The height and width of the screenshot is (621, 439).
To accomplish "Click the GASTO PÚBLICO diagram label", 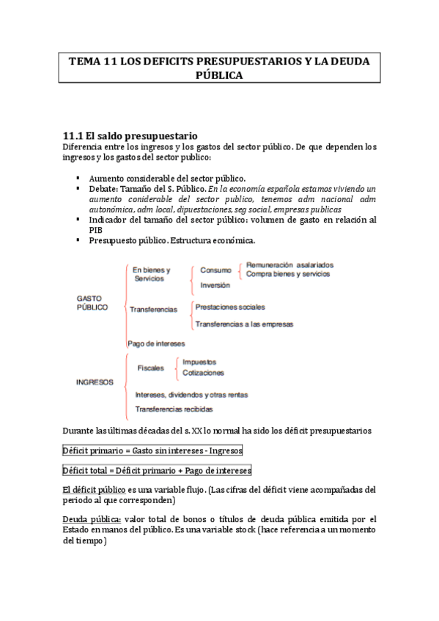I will (x=92, y=303).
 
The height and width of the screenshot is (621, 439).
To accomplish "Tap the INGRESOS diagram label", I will (x=95, y=382).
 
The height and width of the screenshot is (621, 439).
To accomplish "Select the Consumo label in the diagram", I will (x=215, y=269).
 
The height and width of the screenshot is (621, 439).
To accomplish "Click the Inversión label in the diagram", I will (x=215, y=286).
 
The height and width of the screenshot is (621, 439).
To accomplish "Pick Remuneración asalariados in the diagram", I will (x=289, y=264).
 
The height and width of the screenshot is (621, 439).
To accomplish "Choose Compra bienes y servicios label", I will (x=288, y=274).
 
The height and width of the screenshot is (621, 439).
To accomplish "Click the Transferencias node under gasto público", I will (x=153, y=310).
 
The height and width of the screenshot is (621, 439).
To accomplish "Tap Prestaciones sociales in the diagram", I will (x=230, y=307).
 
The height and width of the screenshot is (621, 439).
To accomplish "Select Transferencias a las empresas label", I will (x=244, y=324).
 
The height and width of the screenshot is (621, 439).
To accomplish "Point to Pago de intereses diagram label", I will (x=155, y=343).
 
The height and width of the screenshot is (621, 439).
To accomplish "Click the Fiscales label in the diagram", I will (x=151, y=368).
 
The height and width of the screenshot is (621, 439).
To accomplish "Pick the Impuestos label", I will (x=199, y=362).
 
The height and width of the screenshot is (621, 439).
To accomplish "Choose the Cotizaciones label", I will (x=203, y=373).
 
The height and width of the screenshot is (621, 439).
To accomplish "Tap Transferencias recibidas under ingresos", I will (x=174, y=409).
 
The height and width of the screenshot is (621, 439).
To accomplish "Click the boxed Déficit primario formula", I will (x=152, y=450).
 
